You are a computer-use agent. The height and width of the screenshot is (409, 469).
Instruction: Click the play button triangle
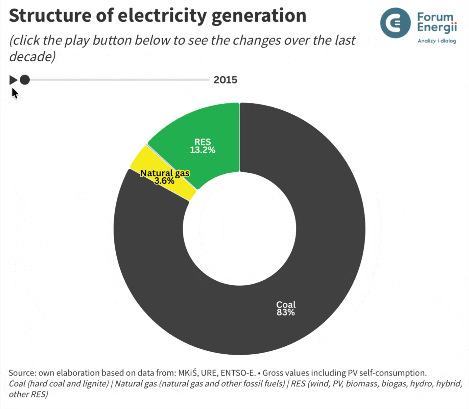13,80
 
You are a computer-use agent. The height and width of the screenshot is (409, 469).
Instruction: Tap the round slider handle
25,80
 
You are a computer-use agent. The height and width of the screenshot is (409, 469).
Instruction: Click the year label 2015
225,80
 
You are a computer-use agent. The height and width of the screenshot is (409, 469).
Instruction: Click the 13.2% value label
202,150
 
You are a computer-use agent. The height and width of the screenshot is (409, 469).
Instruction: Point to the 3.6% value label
164,181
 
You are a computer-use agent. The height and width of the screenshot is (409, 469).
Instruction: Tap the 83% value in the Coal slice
286,312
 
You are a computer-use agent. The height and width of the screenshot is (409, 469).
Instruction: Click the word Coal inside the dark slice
286,305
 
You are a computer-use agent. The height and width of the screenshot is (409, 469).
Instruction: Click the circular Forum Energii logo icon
395,23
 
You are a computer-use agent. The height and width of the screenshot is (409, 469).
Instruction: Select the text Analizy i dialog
437,41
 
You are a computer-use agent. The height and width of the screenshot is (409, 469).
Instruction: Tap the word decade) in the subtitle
32,56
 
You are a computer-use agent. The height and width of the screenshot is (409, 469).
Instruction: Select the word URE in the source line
209,373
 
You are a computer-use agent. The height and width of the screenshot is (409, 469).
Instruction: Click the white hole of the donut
239,229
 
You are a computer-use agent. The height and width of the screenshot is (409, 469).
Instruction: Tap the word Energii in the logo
437,28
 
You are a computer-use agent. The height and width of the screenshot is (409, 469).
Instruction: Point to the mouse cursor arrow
15,93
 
